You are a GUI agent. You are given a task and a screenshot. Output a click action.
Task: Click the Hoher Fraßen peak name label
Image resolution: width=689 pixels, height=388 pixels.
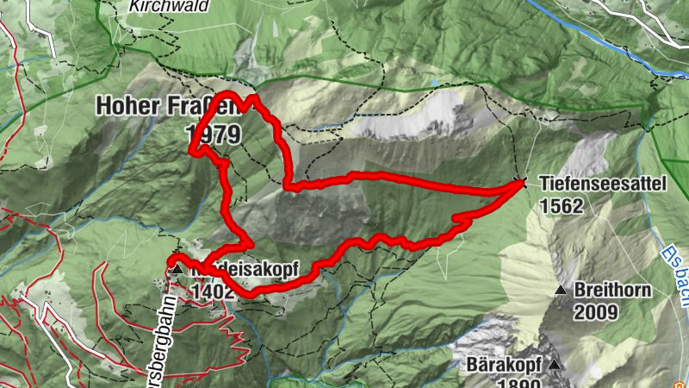[x=154, y=106]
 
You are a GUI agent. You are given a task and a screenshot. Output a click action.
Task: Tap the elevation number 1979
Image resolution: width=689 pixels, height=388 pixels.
[x=213, y=133]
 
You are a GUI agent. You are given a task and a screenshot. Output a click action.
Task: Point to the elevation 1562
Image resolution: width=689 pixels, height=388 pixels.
[x=562, y=206]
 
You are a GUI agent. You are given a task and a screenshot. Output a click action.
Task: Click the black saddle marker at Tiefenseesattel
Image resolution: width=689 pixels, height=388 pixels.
[x=519, y=182]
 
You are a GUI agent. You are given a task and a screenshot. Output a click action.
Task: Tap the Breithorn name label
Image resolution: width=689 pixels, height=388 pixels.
[x=614, y=290]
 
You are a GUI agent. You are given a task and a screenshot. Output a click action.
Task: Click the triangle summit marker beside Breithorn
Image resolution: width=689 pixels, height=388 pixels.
[x=562, y=290]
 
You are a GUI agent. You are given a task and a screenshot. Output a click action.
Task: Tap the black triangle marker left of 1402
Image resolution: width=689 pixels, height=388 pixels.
[x=177, y=270]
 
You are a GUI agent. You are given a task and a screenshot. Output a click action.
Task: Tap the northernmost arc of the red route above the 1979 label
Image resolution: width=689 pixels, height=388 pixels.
[x=226, y=93]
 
